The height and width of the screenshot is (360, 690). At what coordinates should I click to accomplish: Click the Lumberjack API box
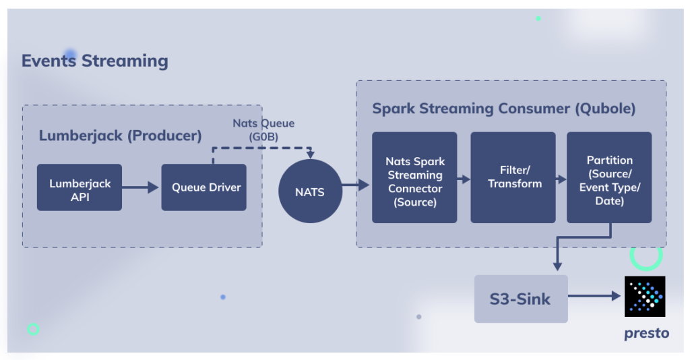pos(80,187)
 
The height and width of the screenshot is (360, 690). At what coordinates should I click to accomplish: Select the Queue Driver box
pos(203,187)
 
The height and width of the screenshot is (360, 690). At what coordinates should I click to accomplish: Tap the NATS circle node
pos(310,191)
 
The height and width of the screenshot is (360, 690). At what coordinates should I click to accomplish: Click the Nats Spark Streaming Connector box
pos(414,177)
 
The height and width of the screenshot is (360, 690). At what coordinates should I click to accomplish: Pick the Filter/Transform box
pos(513,177)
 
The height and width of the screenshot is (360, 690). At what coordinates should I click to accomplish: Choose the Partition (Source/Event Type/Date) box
pos(609,177)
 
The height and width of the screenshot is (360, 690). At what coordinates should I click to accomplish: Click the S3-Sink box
pos(521,299)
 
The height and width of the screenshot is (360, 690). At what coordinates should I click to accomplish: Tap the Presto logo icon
pos(645,296)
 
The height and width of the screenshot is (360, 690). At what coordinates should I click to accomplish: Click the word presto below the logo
pos(646,333)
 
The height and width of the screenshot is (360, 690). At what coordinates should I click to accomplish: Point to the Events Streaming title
pos(94,61)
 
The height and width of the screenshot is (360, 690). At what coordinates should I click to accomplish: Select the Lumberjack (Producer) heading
pos(120,136)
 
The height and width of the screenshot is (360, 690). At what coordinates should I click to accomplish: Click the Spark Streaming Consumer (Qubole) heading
pos(504,109)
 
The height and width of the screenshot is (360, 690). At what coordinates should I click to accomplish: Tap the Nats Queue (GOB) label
pos(263,130)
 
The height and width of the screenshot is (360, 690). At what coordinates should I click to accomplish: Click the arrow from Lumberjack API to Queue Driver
pos(140,187)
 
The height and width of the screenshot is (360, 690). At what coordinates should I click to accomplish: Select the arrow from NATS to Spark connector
pos(356,185)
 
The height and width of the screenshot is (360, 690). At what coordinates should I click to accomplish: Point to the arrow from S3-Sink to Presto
pos(594,296)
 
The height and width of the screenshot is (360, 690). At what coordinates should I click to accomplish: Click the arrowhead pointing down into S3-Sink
pos(557,267)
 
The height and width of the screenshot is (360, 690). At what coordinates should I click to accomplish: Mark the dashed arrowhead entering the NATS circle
pos(311,155)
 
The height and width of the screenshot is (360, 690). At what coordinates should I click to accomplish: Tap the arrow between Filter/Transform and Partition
pos(561,179)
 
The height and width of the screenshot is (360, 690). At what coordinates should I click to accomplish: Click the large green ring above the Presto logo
pos(646,267)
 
